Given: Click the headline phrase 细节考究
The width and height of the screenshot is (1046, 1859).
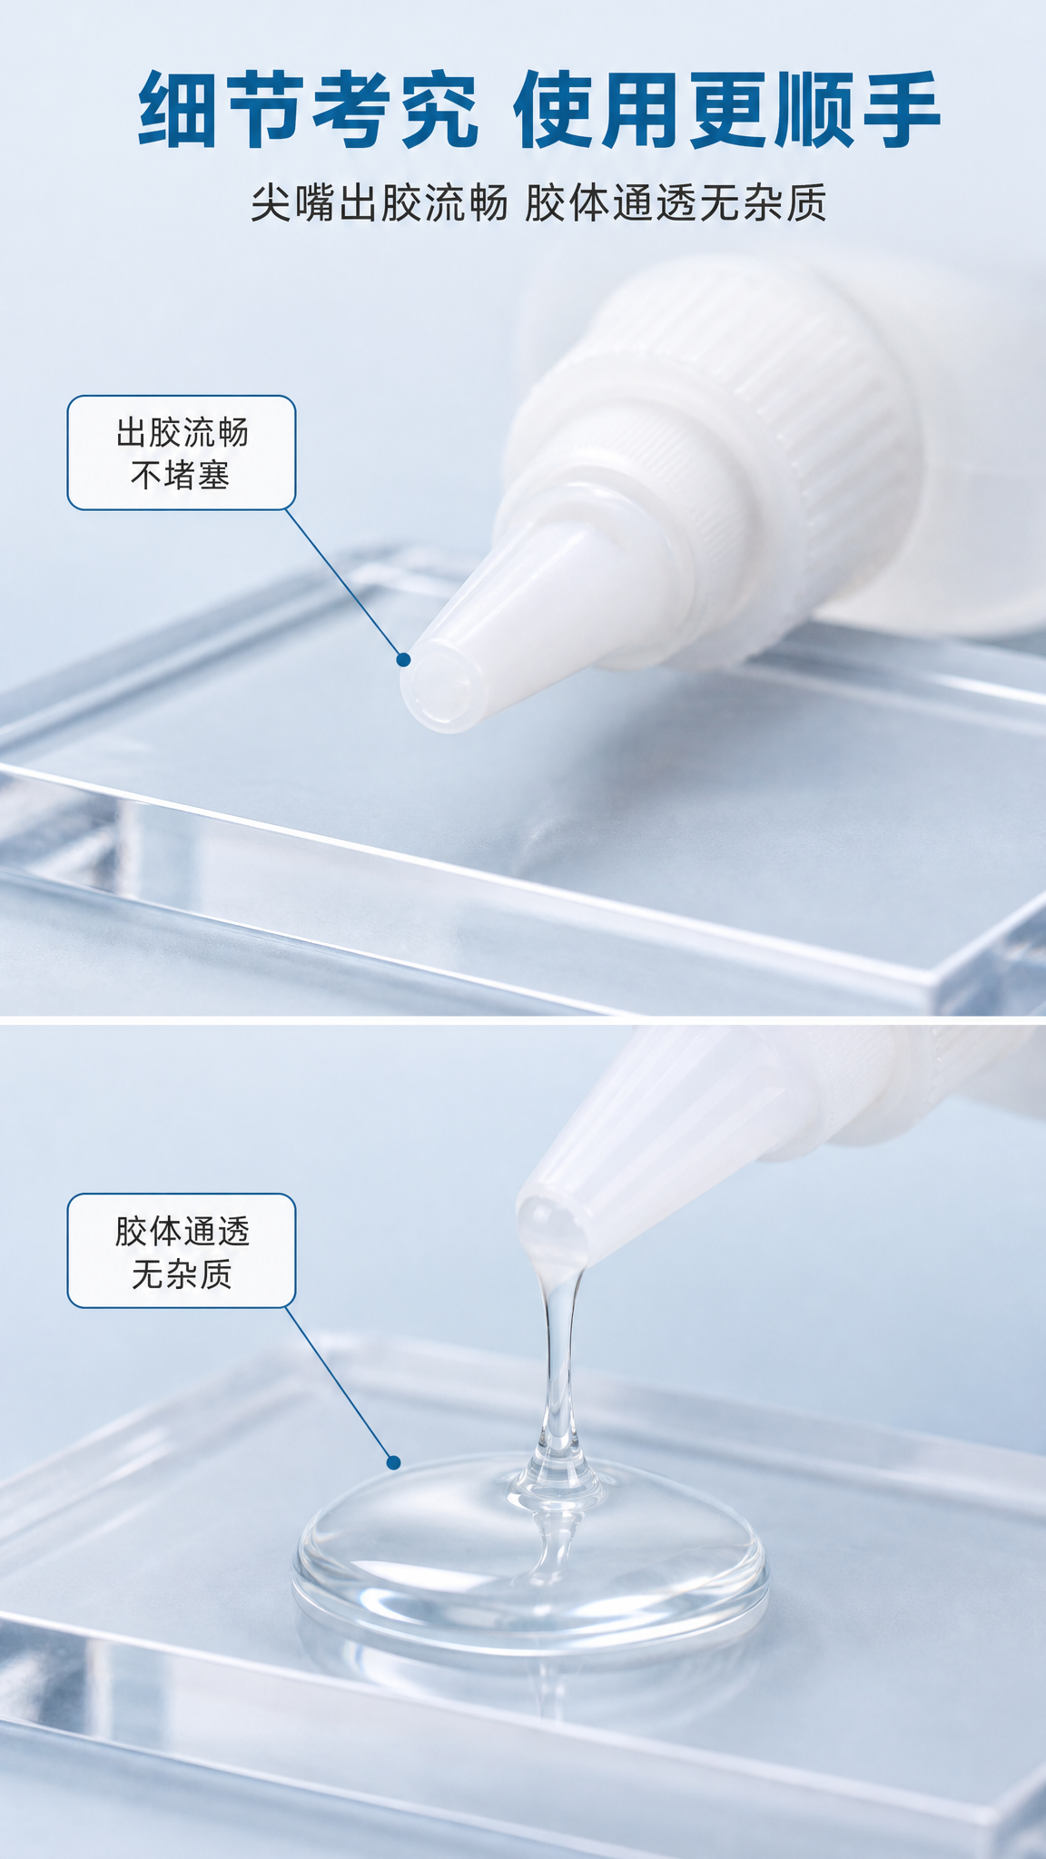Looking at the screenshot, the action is pyautogui.click(x=309, y=111).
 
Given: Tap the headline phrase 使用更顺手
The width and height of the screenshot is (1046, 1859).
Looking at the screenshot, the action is pyautogui.click(x=727, y=111).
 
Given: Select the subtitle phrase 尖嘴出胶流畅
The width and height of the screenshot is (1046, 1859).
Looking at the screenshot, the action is pyautogui.click(x=380, y=203).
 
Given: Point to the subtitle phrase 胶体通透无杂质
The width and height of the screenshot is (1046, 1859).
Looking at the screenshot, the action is pyautogui.click(x=676, y=203).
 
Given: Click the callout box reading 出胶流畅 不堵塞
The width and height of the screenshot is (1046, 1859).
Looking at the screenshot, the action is pyautogui.click(x=182, y=452).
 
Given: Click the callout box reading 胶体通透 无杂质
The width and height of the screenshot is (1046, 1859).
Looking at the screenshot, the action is pyautogui.click(x=182, y=1251).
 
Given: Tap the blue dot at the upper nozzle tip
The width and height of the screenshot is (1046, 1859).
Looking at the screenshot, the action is pyautogui.click(x=404, y=660).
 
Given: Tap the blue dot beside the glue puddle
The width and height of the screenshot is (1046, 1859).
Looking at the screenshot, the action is pyautogui.click(x=393, y=1462).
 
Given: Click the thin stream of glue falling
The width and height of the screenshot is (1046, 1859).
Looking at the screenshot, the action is pyautogui.click(x=559, y=1380).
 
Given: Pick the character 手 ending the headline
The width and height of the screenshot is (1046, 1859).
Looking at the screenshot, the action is pyautogui.click(x=900, y=111).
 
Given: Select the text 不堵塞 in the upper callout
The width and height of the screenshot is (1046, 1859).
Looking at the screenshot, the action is pyautogui.click(x=182, y=475).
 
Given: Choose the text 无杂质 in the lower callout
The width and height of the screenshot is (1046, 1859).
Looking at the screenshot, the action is pyautogui.click(x=182, y=1274).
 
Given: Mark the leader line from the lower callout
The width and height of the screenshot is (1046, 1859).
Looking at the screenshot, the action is pyautogui.click(x=340, y=1384).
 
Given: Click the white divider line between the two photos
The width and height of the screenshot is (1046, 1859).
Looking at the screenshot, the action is pyautogui.click(x=523, y=1019).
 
